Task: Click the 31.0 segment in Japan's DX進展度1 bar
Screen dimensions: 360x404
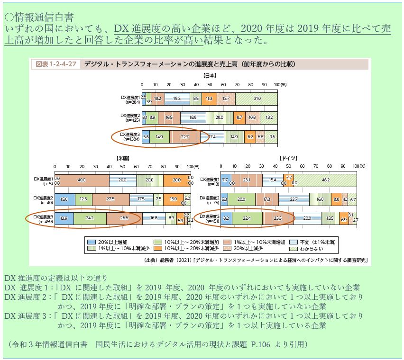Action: point(257,99)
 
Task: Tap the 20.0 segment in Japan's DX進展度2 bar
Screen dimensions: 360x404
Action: point(219,117)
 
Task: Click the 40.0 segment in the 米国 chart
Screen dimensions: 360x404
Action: point(82,180)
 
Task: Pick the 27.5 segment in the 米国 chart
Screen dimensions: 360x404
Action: point(110,199)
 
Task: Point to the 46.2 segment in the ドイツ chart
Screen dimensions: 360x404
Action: point(325,180)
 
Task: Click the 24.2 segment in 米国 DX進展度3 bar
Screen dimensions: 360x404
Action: point(89,218)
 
